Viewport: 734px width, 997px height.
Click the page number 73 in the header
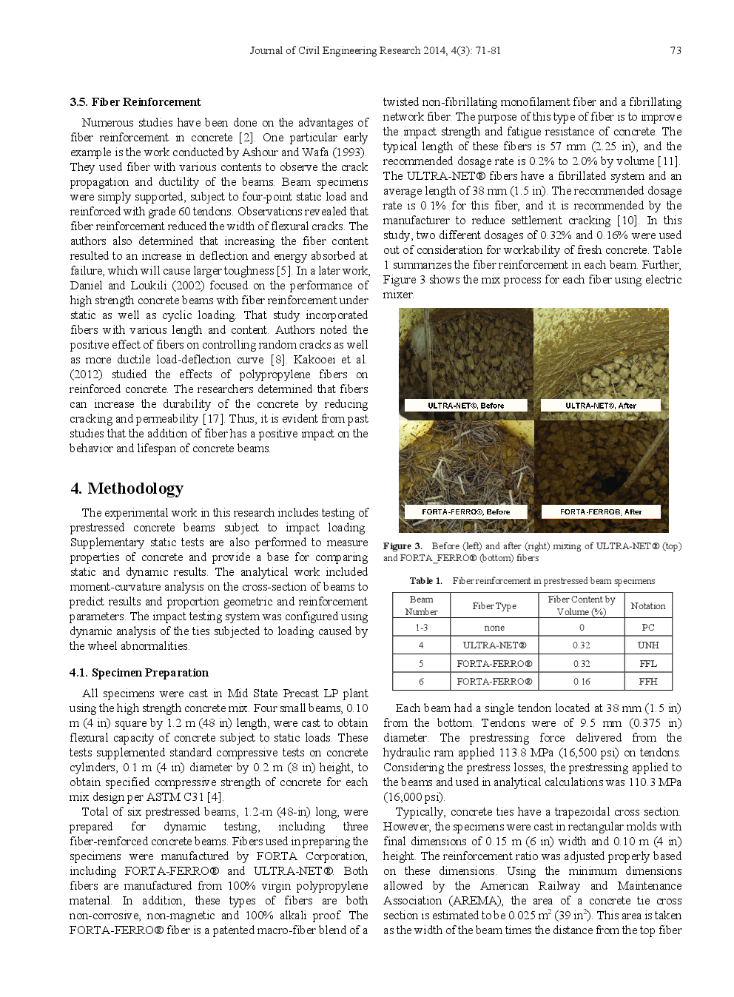675,50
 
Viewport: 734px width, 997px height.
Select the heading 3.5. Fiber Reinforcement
135,102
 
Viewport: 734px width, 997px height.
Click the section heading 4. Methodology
127,489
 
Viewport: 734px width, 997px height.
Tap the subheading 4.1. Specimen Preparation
139,673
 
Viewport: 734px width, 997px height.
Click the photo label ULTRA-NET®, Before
465,406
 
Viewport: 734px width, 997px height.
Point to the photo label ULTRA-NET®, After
600,406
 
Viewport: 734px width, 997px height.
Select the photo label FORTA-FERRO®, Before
465,511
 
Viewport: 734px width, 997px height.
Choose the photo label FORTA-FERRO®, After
600,511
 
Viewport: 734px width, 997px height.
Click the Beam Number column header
421,605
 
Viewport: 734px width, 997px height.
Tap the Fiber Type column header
494,605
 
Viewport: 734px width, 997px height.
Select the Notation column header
647,605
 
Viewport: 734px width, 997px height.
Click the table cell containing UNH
647,645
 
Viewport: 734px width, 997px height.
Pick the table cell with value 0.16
581,682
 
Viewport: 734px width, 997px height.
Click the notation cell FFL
647,664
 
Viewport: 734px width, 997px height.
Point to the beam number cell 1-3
421,628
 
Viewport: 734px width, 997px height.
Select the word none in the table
494,628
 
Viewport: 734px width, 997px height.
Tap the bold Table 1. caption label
426,581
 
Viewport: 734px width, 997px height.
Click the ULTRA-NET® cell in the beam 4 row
494,645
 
